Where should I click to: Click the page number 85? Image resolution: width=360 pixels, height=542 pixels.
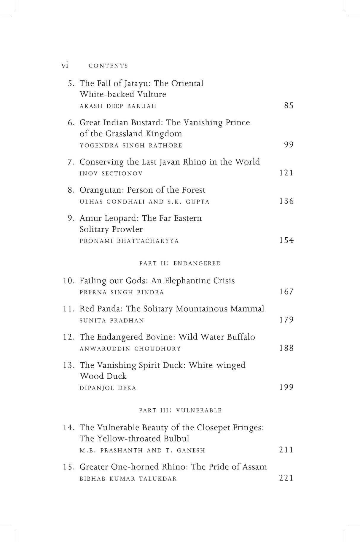coord(289,105)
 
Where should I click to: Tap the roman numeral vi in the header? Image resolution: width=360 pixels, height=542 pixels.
coord(65,65)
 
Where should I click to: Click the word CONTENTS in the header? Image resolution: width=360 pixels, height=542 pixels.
coord(108,66)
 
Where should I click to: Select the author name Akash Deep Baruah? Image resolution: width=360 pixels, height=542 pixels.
coord(118,106)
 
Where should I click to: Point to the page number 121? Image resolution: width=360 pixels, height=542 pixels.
coord(286,173)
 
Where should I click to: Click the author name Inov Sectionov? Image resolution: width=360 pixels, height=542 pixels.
coord(111,174)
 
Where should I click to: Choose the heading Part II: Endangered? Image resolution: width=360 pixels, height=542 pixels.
coord(180,263)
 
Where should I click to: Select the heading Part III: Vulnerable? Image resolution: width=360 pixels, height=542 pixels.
coord(180,410)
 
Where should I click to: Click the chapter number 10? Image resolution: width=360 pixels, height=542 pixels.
coord(69,281)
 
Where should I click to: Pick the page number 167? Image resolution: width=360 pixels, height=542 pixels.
coord(286,292)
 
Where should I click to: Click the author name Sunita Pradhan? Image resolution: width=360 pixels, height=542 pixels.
coord(112,321)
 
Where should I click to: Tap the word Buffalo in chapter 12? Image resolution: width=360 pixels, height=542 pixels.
coord(241,337)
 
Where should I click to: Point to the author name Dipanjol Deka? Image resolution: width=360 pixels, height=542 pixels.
coord(108,388)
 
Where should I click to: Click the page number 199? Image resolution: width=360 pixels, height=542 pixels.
coord(286,387)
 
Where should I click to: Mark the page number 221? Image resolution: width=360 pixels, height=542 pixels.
coord(286,478)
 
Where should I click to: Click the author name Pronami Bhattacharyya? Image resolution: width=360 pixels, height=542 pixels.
coord(129,241)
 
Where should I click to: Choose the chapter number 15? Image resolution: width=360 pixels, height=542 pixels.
coord(69,467)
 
